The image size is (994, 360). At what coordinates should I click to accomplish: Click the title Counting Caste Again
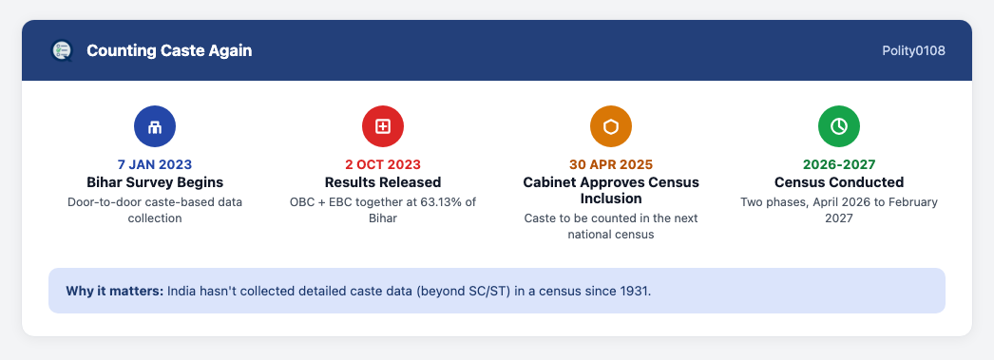coord(169,50)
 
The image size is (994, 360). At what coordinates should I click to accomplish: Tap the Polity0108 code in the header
coord(913,50)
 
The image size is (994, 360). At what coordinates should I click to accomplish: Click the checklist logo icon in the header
coord(62,50)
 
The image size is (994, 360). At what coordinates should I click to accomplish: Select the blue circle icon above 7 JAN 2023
coord(155,126)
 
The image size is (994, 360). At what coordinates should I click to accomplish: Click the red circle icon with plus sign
coord(383,126)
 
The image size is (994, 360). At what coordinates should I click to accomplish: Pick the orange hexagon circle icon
coord(611,126)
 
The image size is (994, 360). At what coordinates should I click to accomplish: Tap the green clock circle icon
coord(839,126)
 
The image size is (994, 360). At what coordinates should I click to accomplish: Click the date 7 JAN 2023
coord(155,164)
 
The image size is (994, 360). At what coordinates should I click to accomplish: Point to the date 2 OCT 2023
coord(383,164)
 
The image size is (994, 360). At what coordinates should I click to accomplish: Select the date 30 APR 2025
coord(611,164)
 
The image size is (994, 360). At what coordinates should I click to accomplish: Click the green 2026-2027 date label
coord(839,164)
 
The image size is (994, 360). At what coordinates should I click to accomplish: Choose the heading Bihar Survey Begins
coord(155,182)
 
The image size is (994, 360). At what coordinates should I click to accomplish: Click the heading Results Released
coord(383,182)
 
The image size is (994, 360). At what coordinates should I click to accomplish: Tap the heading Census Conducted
coord(839,182)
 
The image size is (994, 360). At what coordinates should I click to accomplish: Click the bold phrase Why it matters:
coord(115,292)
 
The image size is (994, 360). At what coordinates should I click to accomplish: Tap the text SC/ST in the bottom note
coord(492,292)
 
